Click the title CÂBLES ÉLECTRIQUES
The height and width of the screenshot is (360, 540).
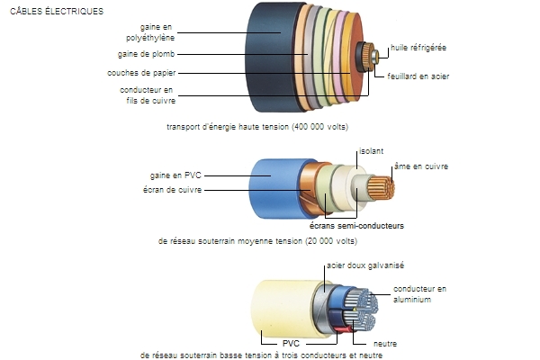tap(56, 12)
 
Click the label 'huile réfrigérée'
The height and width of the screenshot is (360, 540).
tap(418, 47)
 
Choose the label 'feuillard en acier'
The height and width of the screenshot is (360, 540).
tap(418, 76)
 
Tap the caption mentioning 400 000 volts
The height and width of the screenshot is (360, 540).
tap(257, 126)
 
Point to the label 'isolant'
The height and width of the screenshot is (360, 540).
tap(371, 150)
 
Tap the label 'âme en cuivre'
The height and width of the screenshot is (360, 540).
tap(421, 166)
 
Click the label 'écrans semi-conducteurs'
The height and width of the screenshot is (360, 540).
tap(356, 226)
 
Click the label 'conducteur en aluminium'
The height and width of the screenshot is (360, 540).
tap(419, 293)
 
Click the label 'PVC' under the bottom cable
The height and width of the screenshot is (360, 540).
tap(290, 343)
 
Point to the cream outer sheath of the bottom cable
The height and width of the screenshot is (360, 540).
tap(279, 305)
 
